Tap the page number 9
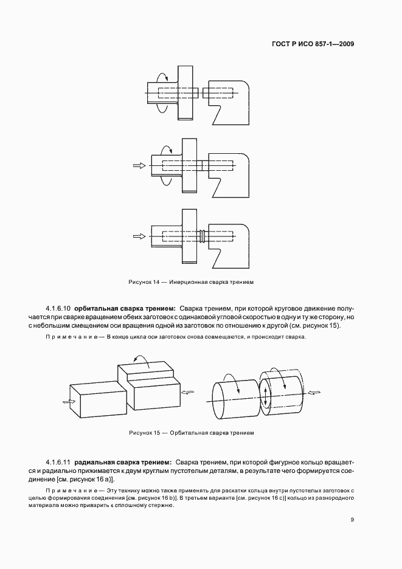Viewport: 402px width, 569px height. (x=352, y=519)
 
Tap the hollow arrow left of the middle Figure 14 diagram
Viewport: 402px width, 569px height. (x=139, y=165)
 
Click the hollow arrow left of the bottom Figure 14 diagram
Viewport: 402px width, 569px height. (x=139, y=235)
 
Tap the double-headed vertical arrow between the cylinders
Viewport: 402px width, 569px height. (x=266, y=395)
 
